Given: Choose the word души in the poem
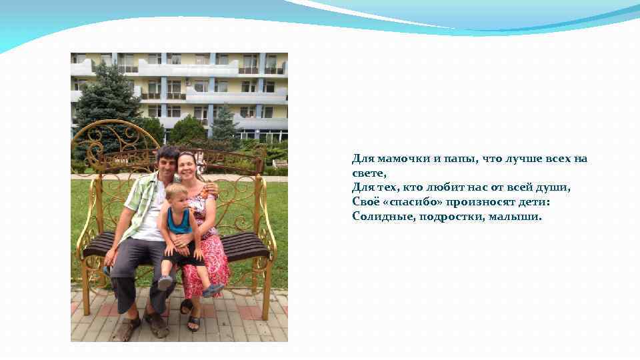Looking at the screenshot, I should [x=555, y=188].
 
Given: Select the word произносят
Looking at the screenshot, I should [x=477, y=202].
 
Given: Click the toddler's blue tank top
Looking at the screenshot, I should [x=178, y=222].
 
